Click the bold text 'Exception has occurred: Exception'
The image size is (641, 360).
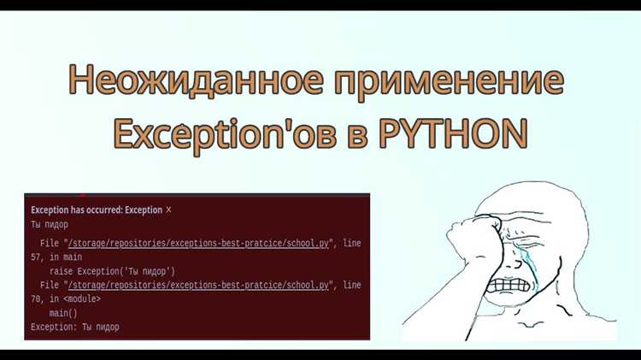point(96,210)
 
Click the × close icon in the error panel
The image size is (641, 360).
point(168,210)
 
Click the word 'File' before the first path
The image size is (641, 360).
point(49,244)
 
